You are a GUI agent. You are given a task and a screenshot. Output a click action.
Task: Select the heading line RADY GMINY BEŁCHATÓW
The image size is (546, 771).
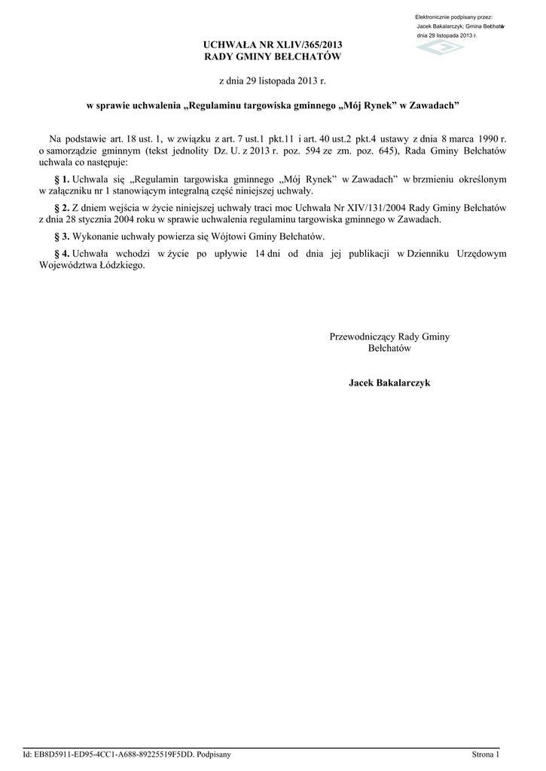click(x=273, y=57)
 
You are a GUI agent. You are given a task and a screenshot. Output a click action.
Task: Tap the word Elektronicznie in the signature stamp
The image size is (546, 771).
click(x=434, y=17)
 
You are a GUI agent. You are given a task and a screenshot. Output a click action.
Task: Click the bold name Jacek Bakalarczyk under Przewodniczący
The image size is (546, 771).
click(x=389, y=383)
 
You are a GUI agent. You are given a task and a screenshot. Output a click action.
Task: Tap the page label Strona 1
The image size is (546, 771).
click(x=484, y=754)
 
